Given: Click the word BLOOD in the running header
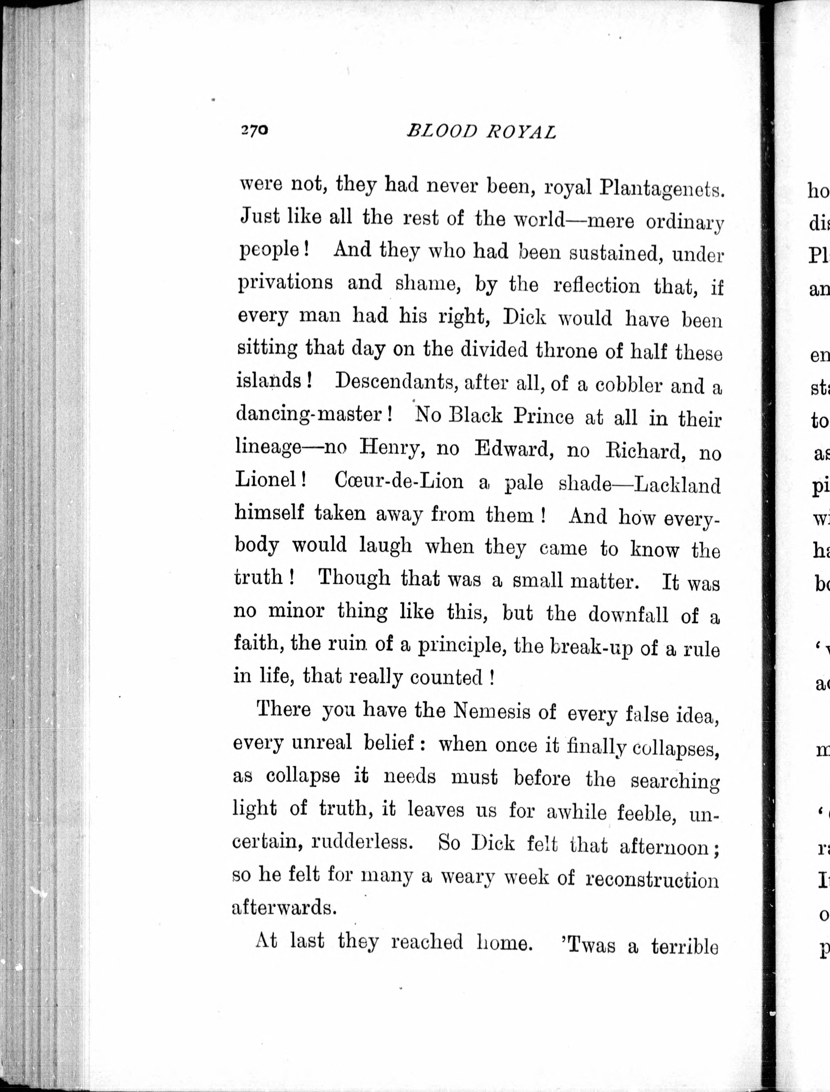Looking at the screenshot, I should point(442,131).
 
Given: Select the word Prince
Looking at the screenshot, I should point(543,417).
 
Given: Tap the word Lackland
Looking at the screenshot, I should point(677,485).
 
